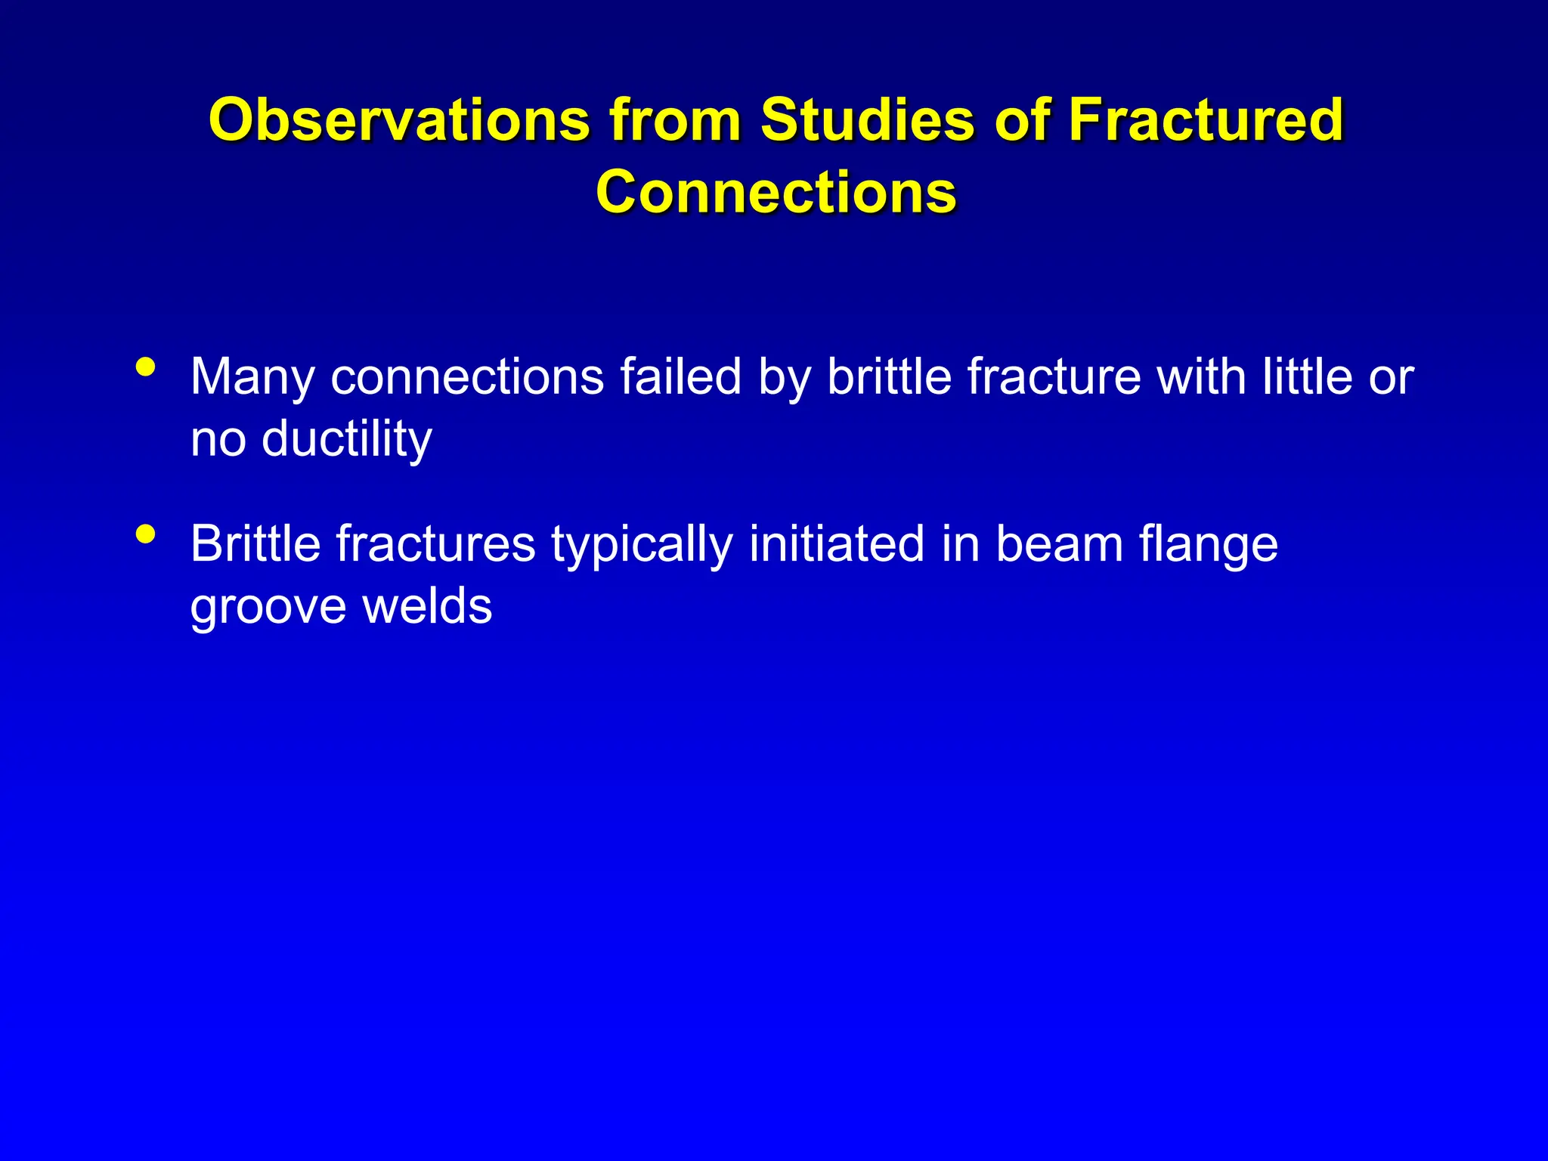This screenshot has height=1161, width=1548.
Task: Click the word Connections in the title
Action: pos(776,192)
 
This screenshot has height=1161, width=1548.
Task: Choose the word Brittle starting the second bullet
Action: pos(255,544)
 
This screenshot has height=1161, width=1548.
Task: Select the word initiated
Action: pos(837,544)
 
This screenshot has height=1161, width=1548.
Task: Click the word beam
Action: pos(1059,544)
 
